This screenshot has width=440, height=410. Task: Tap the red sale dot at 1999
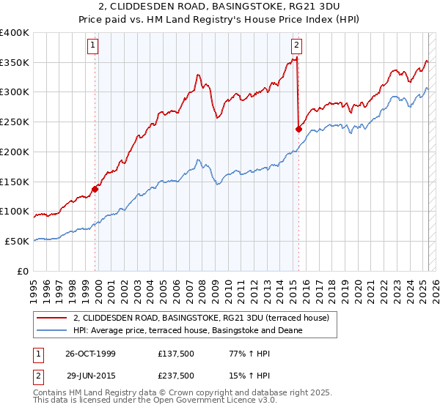95,189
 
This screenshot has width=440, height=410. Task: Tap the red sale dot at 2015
298,129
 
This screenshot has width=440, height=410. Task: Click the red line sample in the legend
51,318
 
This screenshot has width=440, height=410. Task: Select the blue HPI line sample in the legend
51,330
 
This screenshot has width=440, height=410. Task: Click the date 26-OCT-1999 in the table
91,354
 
